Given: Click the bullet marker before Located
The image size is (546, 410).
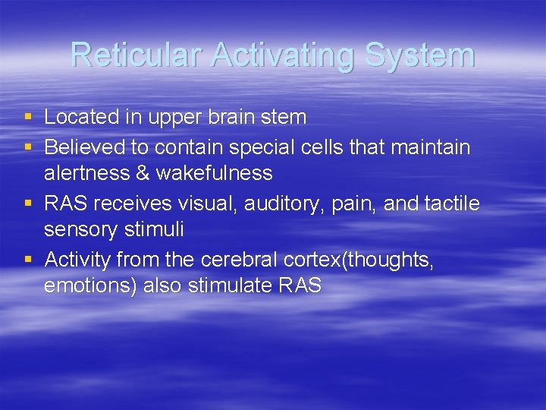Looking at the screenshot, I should point(28,117).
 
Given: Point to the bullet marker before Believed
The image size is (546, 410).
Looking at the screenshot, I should point(28,146).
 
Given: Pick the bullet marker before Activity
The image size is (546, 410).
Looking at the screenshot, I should point(28,260).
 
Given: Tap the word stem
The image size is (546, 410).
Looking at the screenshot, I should point(284,118).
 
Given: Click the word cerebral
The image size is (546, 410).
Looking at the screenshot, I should point(240,260).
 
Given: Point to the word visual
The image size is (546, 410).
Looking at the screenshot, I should point(206,203).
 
